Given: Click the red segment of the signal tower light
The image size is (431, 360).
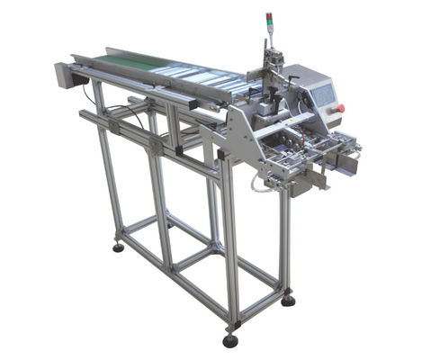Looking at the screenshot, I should [x=267, y=16].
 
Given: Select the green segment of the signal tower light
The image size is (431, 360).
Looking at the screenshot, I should [x=267, y=25].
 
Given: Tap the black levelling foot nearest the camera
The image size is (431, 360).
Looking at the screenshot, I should [x=231, y=340].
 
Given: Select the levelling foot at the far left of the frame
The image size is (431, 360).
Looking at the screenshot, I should [x=119, y=246].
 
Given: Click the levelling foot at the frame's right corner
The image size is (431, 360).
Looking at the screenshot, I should [x=288, y=300].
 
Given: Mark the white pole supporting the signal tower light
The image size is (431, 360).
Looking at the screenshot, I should [x=267, y=40].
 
